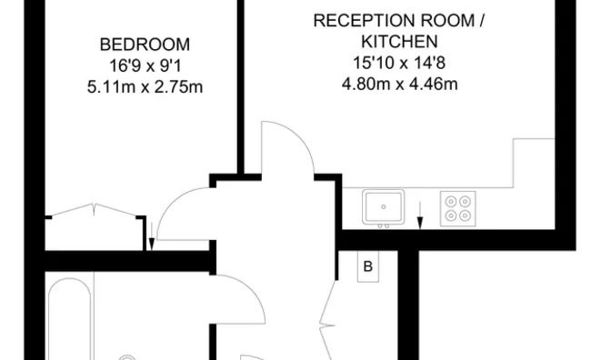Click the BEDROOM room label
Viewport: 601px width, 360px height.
(x=145, y=45)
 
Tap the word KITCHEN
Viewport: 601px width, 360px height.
(x=399, y=42)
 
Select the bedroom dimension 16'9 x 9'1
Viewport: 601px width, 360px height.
(x=145, y=65)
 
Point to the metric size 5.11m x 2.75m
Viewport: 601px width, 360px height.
(x=145, y=87)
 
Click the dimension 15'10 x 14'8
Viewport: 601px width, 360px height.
(x=399, y=63)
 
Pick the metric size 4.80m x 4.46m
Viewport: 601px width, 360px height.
(x=399, y=84)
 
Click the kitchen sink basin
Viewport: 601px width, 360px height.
(x=384, y=207)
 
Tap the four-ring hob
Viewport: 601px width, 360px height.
(x=458, y=208)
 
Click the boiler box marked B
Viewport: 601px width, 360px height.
(x=368, y=266)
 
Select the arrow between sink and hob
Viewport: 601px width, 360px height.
(x=420, y=215)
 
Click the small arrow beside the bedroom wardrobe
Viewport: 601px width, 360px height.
(x=152, y=236)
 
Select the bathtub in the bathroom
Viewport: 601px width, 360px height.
(x=70, y=319)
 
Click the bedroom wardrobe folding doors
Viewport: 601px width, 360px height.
(x=94, y=210)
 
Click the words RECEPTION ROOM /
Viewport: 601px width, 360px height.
(x=398, y=21)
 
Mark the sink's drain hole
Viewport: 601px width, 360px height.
(x=384, y=207)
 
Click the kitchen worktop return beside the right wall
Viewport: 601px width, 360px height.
(x=534, y=163)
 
